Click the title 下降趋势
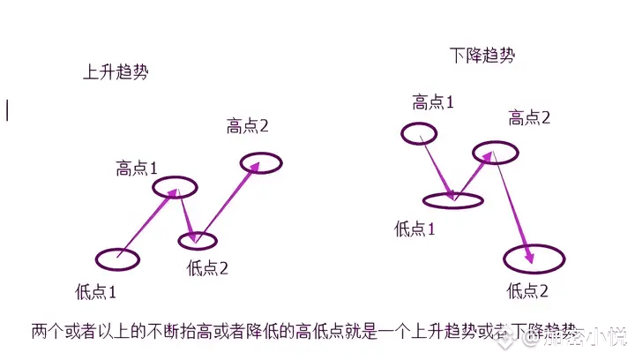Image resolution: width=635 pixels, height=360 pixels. pos(482,56)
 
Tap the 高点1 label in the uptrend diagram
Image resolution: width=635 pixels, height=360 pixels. pos(137,168)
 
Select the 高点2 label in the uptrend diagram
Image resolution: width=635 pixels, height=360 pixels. pos(247,126)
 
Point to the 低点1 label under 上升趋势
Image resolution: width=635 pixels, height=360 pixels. pos(96,289)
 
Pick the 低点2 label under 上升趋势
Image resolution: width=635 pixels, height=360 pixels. pos(208,269)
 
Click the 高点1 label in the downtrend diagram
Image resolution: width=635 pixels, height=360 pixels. pos(433,101)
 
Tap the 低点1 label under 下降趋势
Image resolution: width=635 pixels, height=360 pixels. pos(415,229)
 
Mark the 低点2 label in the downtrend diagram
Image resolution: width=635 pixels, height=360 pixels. pos(528,289)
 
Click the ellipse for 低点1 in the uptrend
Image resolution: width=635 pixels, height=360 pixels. pos(116,259)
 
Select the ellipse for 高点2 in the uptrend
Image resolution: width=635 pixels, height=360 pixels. pos(261,163)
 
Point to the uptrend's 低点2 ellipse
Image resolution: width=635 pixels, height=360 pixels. pos(197,239)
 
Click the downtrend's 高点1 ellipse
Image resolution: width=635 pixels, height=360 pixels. pos(418,133)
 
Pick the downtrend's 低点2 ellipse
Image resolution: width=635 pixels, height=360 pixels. pos(534,259)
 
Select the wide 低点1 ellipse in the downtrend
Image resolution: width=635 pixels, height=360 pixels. pos(452,201)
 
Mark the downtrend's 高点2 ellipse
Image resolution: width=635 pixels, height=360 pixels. pos(493,154)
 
